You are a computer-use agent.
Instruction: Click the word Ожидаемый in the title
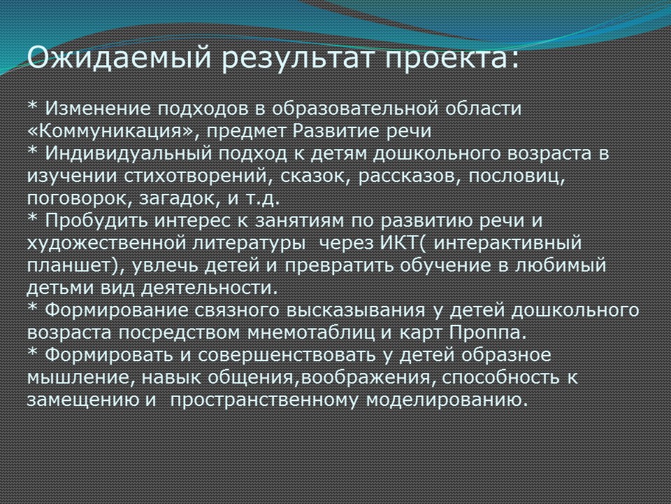tap(120, 58)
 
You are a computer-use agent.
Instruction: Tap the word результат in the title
tap(298, 59)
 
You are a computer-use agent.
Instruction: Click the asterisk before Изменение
tap(33, 104)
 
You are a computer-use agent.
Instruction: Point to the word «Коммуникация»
tap(110, 131)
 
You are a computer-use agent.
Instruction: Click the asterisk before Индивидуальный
tap(33, 150)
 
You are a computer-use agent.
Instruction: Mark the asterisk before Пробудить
tap(33, 217)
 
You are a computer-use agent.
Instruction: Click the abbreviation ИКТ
tap(398, 243)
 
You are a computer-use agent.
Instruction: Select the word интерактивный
tap(507, 244)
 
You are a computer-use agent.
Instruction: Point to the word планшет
tap(68, 266)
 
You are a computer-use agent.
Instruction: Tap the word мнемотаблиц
tap(310, 332)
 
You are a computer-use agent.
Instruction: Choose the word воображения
tap(366, 377)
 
